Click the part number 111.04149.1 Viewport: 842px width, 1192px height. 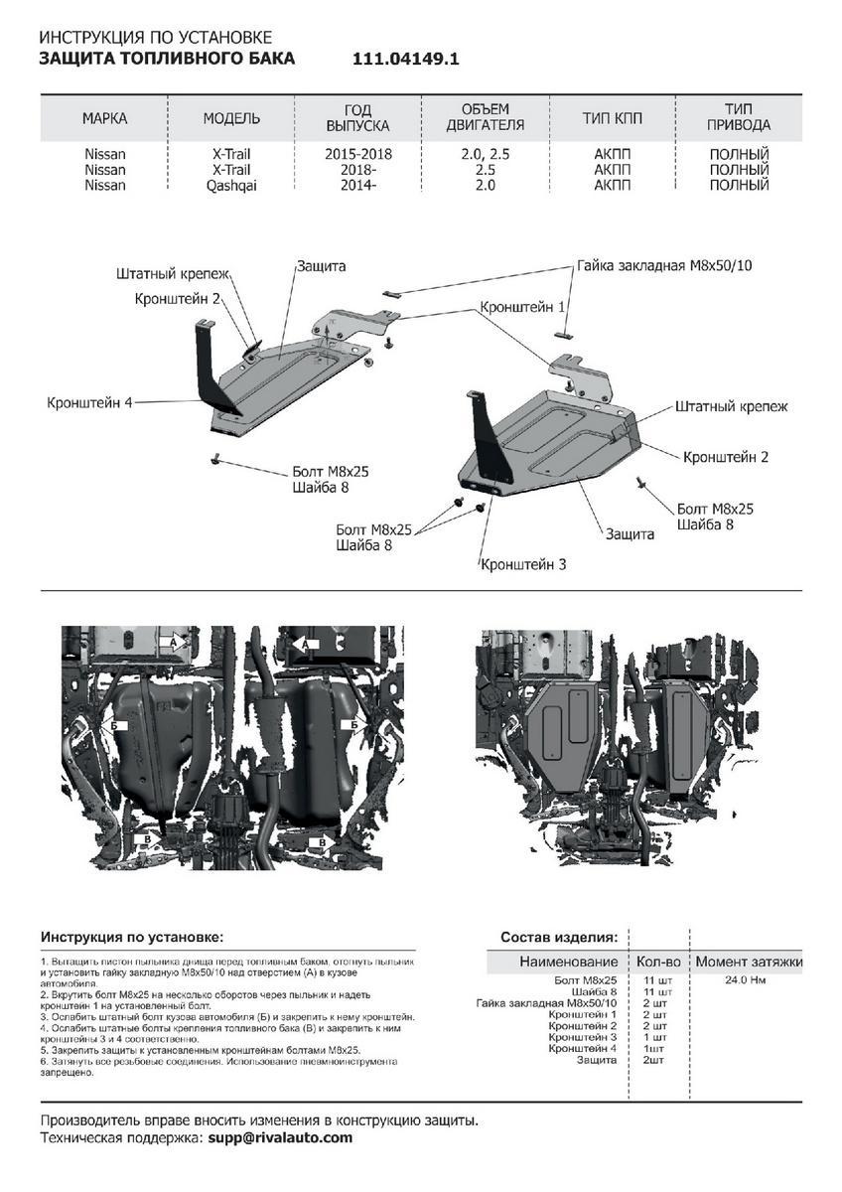tap(406, 59)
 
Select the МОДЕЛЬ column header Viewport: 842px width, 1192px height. tap(231, 118)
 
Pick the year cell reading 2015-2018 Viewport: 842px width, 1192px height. tap(358, 155)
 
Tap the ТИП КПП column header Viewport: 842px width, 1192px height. tap(612, 118)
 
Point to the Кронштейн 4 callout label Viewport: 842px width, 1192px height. tap(88, 402)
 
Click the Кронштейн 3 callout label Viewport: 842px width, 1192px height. tap(523, 564)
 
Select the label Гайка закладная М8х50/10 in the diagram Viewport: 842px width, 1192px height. tap(664, 267)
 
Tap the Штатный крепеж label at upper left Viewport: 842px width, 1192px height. tap(173, 272)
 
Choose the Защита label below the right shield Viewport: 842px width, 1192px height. tap(631, 533)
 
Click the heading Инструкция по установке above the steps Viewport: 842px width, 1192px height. tap(132, 937)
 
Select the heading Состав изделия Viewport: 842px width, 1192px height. tap(559, 937)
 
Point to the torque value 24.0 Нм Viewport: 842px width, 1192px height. tap(745, 980)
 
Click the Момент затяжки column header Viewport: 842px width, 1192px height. tap(749, 962)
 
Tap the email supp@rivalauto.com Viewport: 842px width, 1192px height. tap(280, 1137)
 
